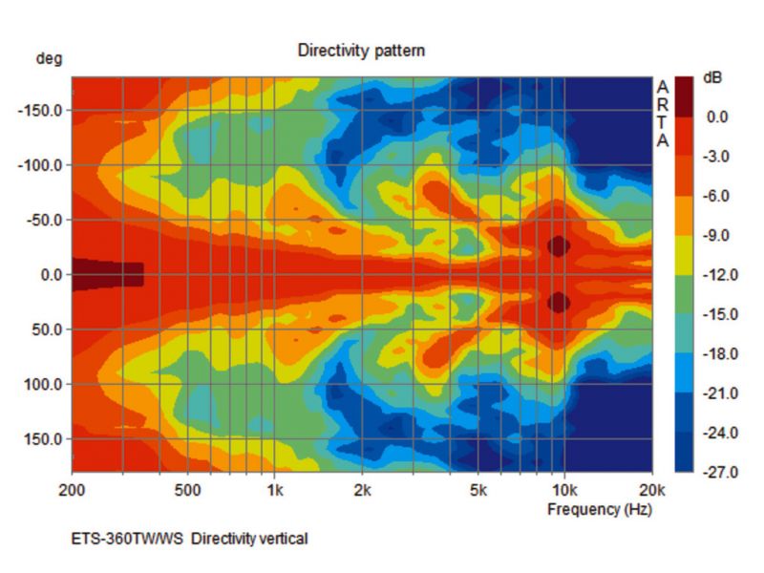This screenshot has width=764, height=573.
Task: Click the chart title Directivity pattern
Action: click(361, 50)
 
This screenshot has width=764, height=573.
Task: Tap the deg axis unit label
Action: click(49, 58)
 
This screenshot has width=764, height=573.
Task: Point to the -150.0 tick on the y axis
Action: click(39, 111)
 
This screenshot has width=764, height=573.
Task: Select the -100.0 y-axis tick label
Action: click(39, 165)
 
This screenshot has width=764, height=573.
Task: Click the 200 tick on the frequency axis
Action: click(72, 490)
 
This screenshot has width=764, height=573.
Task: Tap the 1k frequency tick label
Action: click(274, 490)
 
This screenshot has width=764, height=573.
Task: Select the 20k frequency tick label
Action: click(651, 490)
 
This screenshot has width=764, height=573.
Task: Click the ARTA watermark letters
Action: click(663, 114)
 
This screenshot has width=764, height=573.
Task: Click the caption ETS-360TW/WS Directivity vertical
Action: click(190, 539)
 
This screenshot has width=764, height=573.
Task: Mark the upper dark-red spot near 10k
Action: click(559, 245)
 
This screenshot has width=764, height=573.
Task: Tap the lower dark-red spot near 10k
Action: click(559, 303)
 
